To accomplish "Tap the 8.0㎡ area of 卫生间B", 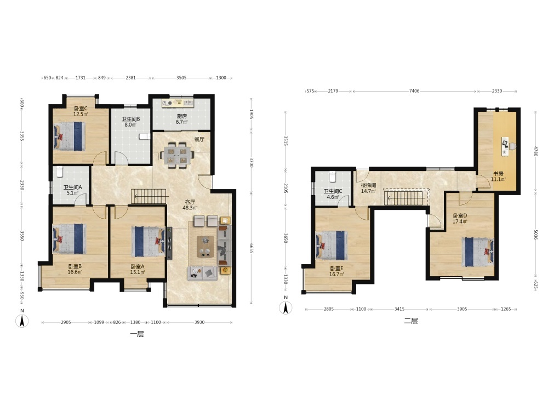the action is click(131, 124).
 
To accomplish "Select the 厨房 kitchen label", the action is click(182, 116).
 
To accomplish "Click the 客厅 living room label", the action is click(190, 202).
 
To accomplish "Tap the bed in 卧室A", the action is click(149, 242).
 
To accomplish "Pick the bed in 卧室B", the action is click(69, 239).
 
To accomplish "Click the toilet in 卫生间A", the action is click(59, 172).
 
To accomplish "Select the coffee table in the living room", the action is click(205, 247).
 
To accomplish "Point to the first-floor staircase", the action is click(149, 196).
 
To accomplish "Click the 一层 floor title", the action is click(137, 334).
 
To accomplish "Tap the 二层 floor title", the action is click(411, 321).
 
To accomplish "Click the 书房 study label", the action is click(498, 174).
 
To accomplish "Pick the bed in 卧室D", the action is click(478, 252).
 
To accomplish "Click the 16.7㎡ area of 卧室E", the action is click(336, 275).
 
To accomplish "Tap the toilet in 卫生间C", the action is click(333, 176).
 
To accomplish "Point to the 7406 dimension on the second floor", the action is click(414, 91).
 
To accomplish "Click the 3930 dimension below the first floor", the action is click(199, 322).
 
